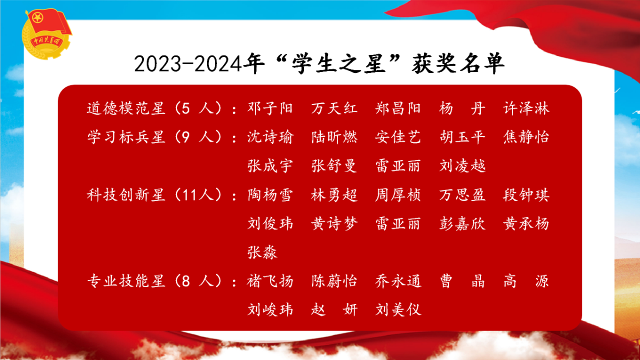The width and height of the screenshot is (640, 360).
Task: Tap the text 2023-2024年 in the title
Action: pyautogui.click(x=199, y=63)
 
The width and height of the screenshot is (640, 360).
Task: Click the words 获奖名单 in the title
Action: pyautogui.click(x=458, y=63)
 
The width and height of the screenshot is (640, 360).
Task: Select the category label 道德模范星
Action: pyautogui.click(x=126, y=108)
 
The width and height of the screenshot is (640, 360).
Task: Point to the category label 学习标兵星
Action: pyautogui.click(x=126, y=137)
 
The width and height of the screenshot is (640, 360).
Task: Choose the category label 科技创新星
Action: pyautogui.click(x=126, y=195)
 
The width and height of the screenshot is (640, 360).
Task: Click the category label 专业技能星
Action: pyautogui.click(x=126, y=281)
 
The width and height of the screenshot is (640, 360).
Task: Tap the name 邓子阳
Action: pyautogui.click(x=270, y=108)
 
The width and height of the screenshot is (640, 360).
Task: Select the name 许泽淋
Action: pyautogui.click(x=526, y=108)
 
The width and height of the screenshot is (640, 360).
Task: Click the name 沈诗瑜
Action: pyautogui.click(x=270, y=137)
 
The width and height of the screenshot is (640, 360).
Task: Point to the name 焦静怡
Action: pyautogui.click(x=526, y=137)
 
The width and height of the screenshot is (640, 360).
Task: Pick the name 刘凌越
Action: pyautogui.click(x=462, y=165)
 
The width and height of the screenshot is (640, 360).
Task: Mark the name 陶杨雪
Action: pyautogui.click(x=270, y=195)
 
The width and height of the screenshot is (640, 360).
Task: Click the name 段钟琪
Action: pyautogui.click(x=526, y=195)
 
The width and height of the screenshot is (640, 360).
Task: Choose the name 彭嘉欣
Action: pyautogui.click(x=462, y=223)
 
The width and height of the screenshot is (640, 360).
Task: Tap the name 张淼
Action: pyautogui.click(x=262, y=252)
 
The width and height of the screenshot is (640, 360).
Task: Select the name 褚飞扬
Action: pyautogui.click(x=270, y=281)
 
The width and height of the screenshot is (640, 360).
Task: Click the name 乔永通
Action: pyautogui.click(x=398, y=281)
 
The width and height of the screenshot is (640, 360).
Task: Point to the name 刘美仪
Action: pyautogui.click(x=398, y=309)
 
